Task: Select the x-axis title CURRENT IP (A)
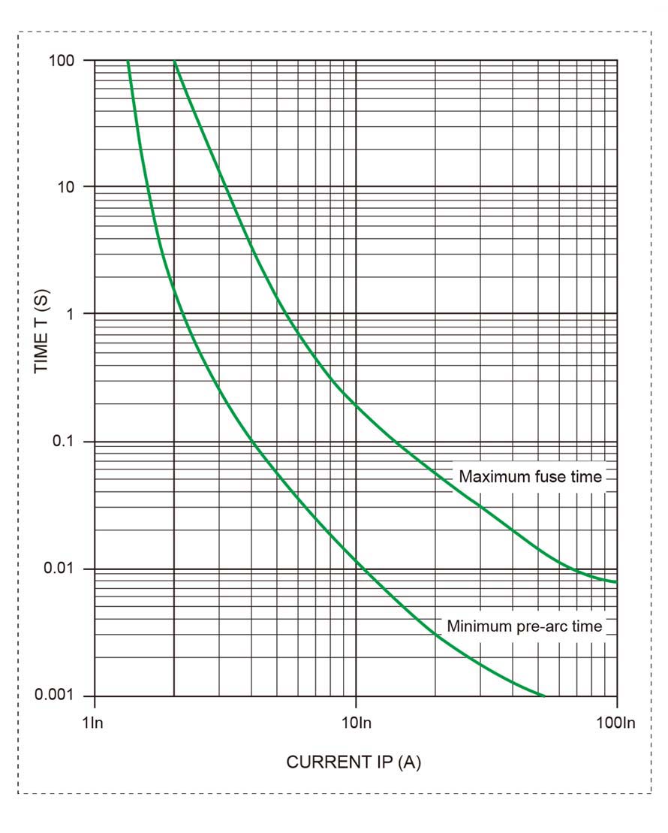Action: (354, 762)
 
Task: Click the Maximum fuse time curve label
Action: (530, 477)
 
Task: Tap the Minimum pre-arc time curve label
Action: (525, 626)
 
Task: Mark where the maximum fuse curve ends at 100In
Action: (616, 582)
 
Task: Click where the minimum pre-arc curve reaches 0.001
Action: (546, 696)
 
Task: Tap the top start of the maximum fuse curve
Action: (174, 61)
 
